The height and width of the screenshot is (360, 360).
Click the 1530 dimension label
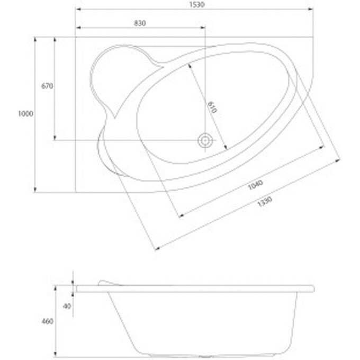pos(197,5)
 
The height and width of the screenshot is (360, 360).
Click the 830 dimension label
pos(140,23)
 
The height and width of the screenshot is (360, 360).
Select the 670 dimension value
pos(47,86)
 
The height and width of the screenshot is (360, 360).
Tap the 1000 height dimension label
pos(25,114)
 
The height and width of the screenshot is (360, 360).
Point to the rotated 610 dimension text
pos(212,107)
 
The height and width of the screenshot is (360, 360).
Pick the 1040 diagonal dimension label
pos(255,185)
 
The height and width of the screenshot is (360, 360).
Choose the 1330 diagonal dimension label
pos(265,201)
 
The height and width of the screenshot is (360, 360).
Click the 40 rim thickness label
pos(67,306)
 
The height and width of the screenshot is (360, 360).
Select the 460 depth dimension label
pos(47,321)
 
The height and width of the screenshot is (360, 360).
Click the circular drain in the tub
pos(204,140)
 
